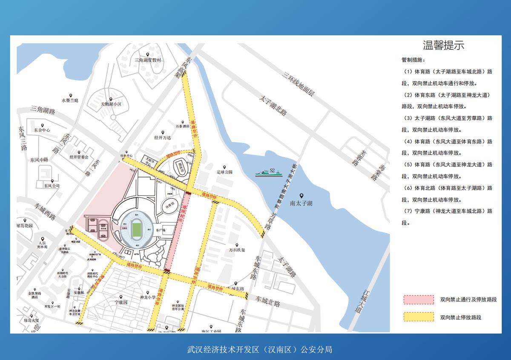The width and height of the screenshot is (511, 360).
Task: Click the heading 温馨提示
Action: pos(443,46)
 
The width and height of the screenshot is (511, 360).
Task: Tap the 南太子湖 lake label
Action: pos(301,203)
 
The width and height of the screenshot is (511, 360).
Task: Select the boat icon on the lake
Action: pos(268,172)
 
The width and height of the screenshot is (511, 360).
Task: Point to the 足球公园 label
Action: pos(224,172)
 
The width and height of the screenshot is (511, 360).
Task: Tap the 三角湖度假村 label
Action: pos(148,60)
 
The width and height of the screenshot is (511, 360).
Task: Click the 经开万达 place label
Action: pos(162,138)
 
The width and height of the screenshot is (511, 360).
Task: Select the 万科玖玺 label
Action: pos(237,250)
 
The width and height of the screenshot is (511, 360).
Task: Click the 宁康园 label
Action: pos(121,303)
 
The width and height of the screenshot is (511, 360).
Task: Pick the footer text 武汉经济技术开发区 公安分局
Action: pos(260,350)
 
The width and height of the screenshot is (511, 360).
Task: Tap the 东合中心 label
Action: pos(42,130)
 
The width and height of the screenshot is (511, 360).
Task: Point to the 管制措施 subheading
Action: pos(413,60)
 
